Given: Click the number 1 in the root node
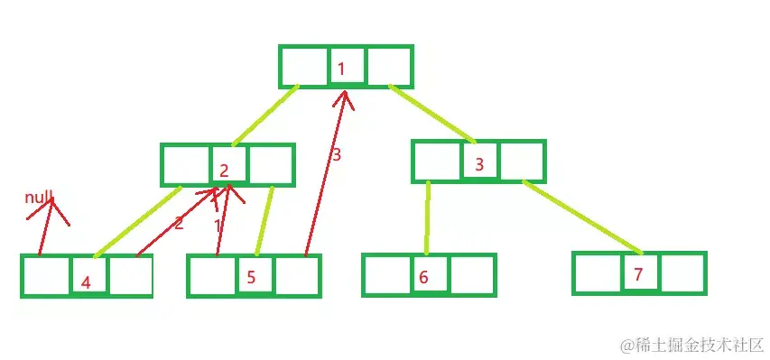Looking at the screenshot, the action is click(x=342, y=69).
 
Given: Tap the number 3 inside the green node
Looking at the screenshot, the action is click(x=479, y=164).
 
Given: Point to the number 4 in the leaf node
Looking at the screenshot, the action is click(x=86, y=282).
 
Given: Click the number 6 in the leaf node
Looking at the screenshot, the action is click(x=423, y=277).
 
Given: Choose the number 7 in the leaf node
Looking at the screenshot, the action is click(x=638, y=274).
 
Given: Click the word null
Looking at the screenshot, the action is click(x=40, y=197).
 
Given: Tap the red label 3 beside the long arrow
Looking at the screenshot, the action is click(x=336, y=155).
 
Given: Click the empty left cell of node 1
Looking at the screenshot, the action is click(x=304, y=66).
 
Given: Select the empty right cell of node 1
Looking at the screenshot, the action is click(x=390, y=66).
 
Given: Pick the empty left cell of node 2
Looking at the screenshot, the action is click(x=186, y=165).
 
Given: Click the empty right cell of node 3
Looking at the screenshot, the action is click(x=523, y=162).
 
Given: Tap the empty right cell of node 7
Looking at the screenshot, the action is click(x=682, y=273).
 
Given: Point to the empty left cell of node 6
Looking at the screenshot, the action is click(x=385, y=275).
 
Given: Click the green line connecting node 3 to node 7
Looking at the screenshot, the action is click(x=582, y=217).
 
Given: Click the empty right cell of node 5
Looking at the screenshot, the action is click(x=297, y=277).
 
